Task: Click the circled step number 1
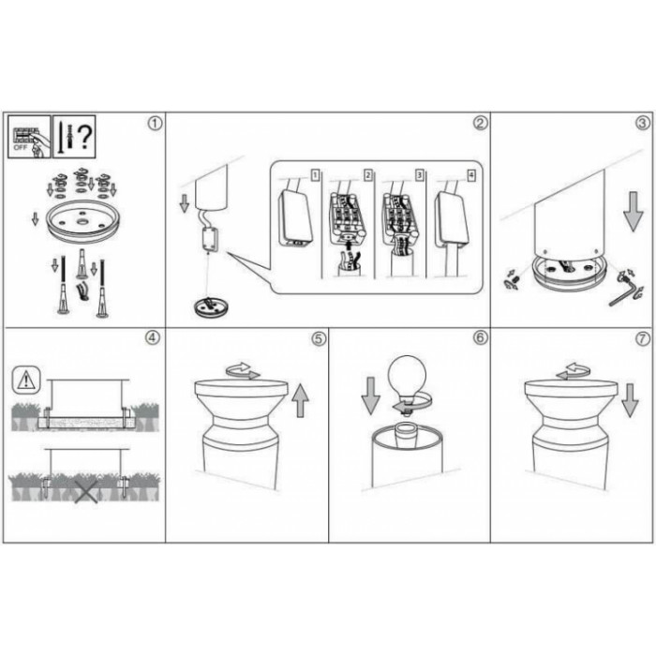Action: click(x=155, y=124)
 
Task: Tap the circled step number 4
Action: click(x=152, y=337)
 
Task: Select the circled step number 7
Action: click(x=643, y=339)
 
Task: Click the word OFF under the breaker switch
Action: click(x=20, y=148)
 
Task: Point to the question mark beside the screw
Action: click(x=85, y=137)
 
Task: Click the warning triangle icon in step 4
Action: click(x=26, y=380)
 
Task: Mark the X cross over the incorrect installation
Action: click(x=86, y=491)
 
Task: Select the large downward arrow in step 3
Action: click(x=634, y=212)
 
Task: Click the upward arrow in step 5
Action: click(x=300, y=401)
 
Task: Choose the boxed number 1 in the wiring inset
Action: click(x=316, y=175)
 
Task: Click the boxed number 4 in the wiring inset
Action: click(x=471, y=175)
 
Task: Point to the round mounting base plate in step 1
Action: click(x=84, y=221)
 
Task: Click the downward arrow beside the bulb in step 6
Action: click(x=371, y=395)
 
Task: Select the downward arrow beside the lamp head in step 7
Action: click(x=630, y=400)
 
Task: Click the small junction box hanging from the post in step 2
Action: click(x=210, y=239)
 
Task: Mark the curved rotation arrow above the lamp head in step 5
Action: click(x=243, y=371)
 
